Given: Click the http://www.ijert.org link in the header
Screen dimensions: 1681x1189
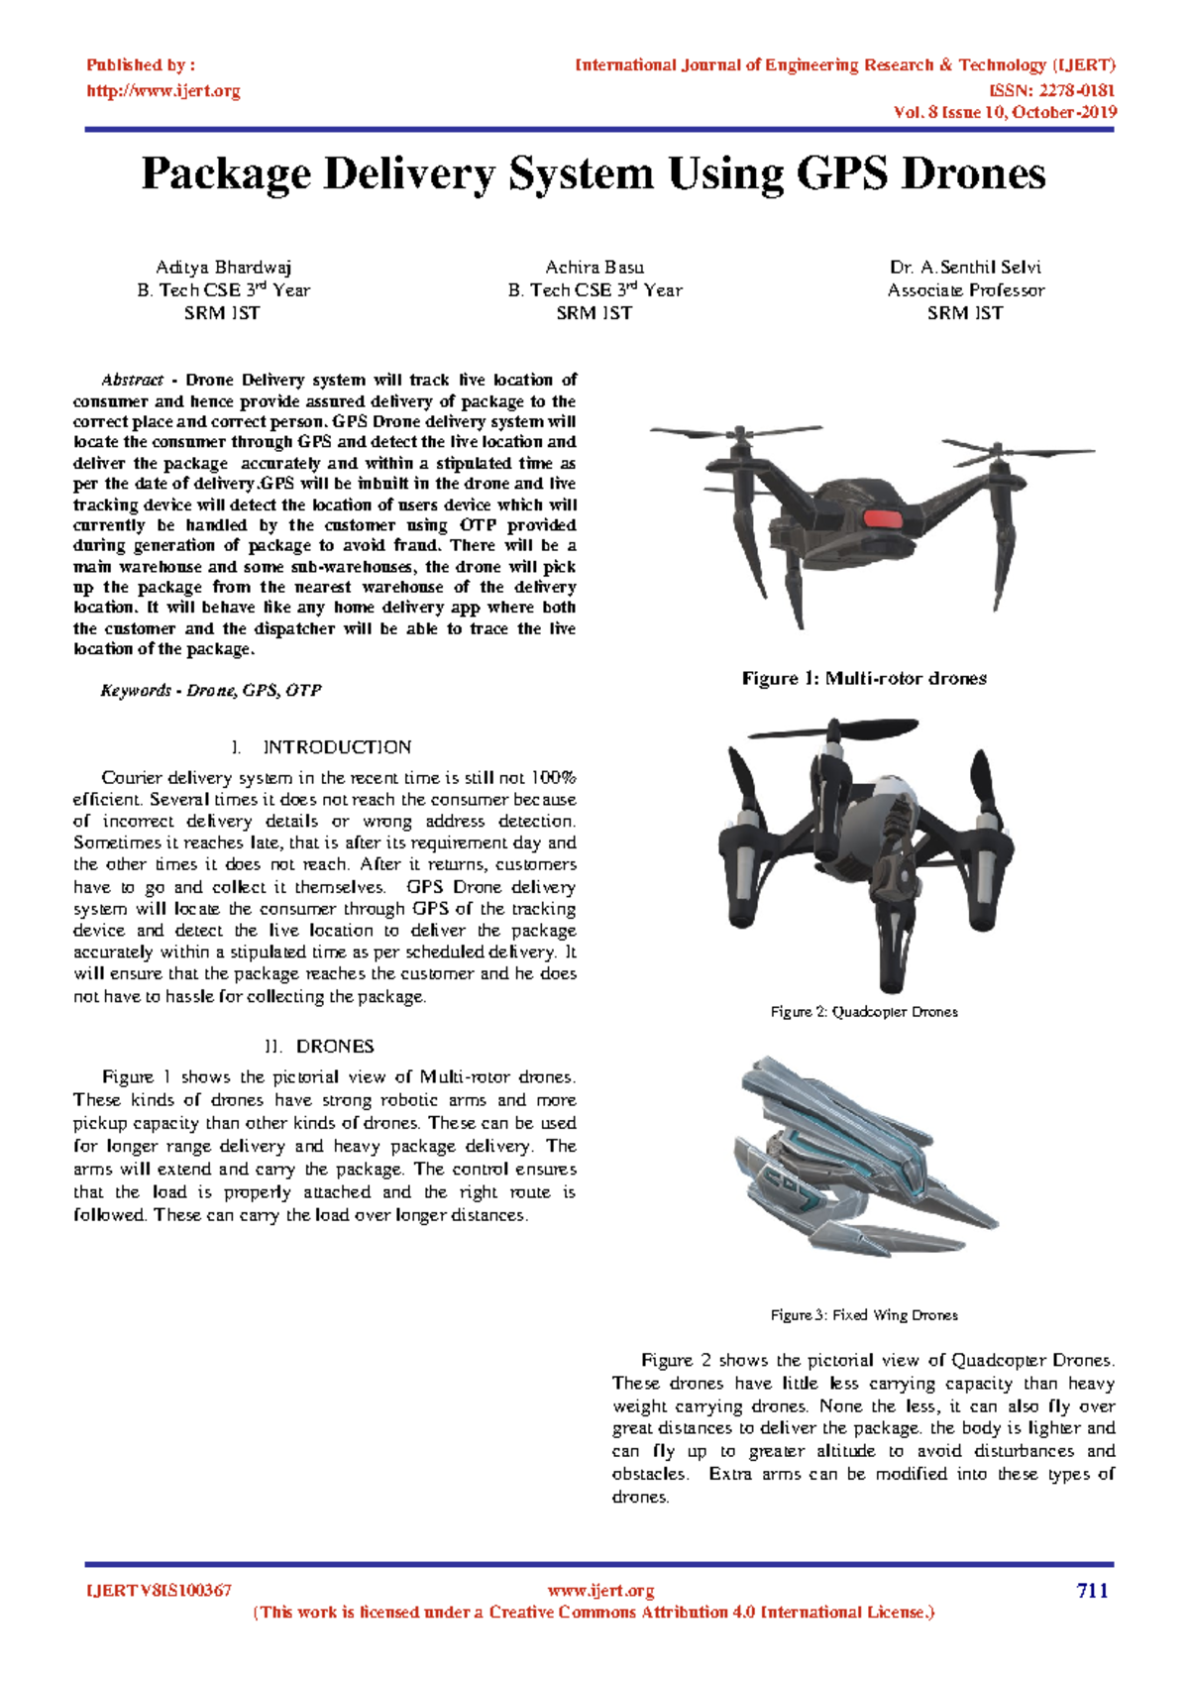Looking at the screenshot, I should [x=163, y=91].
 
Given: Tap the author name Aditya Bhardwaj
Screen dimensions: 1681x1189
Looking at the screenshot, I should [x=223, y=267].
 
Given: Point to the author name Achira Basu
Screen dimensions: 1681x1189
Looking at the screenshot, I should [x=594, y=267].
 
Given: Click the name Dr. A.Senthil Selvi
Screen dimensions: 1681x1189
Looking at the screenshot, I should [x=965, y=267].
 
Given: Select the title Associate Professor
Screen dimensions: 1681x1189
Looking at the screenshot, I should [x=965, y=290].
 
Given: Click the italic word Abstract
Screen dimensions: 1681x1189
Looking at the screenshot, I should [x=132, y=380].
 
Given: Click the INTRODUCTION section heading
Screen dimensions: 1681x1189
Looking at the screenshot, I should [x=336, y=747].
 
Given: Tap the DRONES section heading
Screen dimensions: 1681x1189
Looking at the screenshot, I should [x=335, y=1047].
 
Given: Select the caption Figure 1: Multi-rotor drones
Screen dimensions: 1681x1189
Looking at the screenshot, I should [x=864, y=679].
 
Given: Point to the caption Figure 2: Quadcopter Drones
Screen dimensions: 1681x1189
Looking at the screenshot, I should [x=864, y=1012].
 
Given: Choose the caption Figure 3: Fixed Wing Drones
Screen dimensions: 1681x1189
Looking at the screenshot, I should [x=864, y=1315].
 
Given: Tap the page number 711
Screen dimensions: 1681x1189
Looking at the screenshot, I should [x=1092, y=1591].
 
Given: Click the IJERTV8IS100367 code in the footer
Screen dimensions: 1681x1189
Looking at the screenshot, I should [x=160, y=1591].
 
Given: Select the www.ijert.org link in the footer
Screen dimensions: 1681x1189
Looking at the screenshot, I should [x=600, y=1591].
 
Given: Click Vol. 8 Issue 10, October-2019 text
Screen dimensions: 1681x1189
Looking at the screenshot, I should [x=1005, y=112].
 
